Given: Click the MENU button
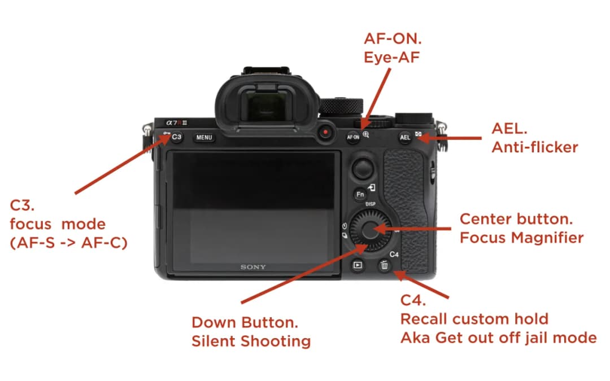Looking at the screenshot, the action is pos(204,137).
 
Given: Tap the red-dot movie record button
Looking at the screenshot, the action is pos(325,132).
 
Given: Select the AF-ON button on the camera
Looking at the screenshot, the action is pos(353,137).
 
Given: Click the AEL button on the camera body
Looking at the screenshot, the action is pos(405,137).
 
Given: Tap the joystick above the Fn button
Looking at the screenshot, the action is pos(363,168).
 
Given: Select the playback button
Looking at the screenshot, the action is pos(358,265).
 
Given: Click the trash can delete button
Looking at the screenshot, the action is pos(384,265).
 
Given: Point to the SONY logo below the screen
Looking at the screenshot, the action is pos(253,267).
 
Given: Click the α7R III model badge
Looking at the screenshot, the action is pos(177,123).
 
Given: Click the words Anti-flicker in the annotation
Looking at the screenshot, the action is pos(534,147).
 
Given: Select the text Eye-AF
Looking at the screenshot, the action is pos(391,57).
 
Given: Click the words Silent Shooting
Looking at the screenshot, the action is pos(251,341).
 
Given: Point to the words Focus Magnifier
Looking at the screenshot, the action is pos(521,238).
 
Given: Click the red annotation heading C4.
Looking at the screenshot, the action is pos(413,300).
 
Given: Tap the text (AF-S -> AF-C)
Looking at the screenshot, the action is pos(68,243).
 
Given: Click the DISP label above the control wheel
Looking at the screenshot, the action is pos(371,204).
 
